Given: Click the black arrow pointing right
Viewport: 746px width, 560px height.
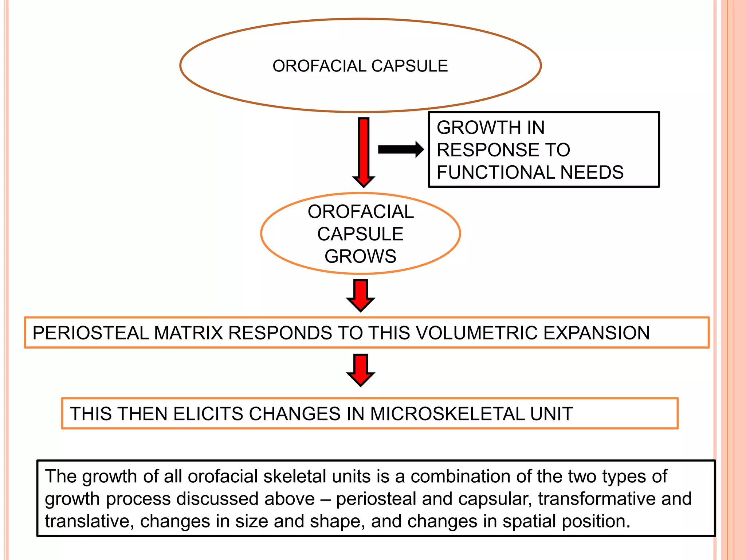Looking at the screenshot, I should [400, 149].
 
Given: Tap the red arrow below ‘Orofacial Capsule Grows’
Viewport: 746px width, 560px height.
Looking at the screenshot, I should [361, 295].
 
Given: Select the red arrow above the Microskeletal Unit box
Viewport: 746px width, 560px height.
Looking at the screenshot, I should [361, 369].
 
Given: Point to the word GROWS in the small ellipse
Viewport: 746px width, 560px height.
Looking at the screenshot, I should [360, 256].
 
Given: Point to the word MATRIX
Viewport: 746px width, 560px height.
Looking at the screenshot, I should [188, 333].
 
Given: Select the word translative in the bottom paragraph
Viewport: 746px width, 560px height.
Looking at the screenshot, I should [87, 521].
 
